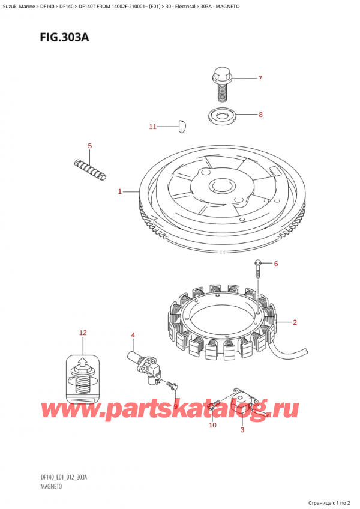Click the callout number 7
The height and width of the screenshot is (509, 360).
coord(260,78)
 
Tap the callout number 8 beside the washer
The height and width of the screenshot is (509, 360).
coord(260,115)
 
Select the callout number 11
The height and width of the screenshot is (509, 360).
coord(152,127)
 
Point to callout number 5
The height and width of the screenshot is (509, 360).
coord(90,146)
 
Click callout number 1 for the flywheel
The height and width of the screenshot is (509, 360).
coord(120,192)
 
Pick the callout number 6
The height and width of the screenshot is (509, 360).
coord(276,264)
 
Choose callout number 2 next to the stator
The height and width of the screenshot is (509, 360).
coord(295,322)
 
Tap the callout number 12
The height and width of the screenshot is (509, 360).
coord(83,333)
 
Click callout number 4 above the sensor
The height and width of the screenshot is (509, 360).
coord(133,335)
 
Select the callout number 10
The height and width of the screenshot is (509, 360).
coord(212,425)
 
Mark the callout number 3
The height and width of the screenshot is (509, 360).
coord(242,430)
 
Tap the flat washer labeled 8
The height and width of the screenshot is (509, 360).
coord(222,116)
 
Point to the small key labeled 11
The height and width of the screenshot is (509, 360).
coord(182,126)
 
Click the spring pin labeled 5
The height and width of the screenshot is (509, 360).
coord(90,169)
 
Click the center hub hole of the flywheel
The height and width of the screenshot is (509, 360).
coord(221,186)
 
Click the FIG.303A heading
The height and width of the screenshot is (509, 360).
coord(64,38)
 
